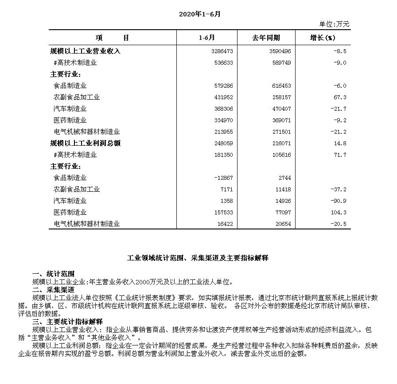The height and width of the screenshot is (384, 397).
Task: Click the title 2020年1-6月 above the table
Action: click(x=199, y=14)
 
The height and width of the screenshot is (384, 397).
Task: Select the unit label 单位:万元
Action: click(x=334, y=24)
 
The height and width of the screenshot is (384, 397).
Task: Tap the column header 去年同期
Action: click(x=266, y=38)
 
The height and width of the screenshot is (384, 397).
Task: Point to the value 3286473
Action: click(x=222, y=51)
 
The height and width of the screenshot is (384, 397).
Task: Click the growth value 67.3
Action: click(x=340, y=97)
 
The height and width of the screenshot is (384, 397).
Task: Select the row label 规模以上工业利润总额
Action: click(x=86, y=144)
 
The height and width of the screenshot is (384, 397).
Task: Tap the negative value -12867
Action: click(x=223, y=178)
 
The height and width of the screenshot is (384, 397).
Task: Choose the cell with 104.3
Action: click(x=339, y=213)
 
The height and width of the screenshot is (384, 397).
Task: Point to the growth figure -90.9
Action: click(x=339, y=201)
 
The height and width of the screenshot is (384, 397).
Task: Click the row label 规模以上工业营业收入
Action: click(x=86, y=51)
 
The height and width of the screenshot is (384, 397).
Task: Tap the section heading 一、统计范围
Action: click(x=53, y=274)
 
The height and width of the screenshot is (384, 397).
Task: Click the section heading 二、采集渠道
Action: click(x=53, y=290)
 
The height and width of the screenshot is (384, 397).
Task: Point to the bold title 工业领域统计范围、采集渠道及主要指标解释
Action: click(x=198, y=258)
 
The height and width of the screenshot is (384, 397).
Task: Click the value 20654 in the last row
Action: click(x=283, y=224)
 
